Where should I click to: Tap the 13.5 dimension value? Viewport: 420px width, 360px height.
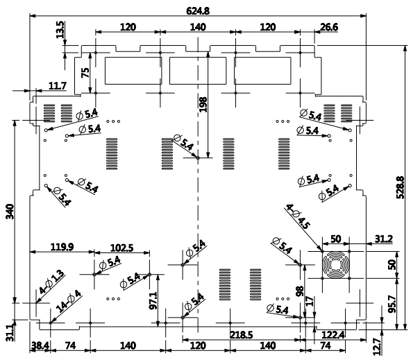click(60, 29)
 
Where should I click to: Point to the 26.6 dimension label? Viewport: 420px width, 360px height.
click(329, 27)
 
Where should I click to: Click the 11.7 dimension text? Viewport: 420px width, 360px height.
click(58, 86)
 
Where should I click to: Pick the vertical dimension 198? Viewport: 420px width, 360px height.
click(203, 104)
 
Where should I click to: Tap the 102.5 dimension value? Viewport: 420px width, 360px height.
click(120, 246)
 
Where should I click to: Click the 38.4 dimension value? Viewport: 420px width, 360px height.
click(37, 344)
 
